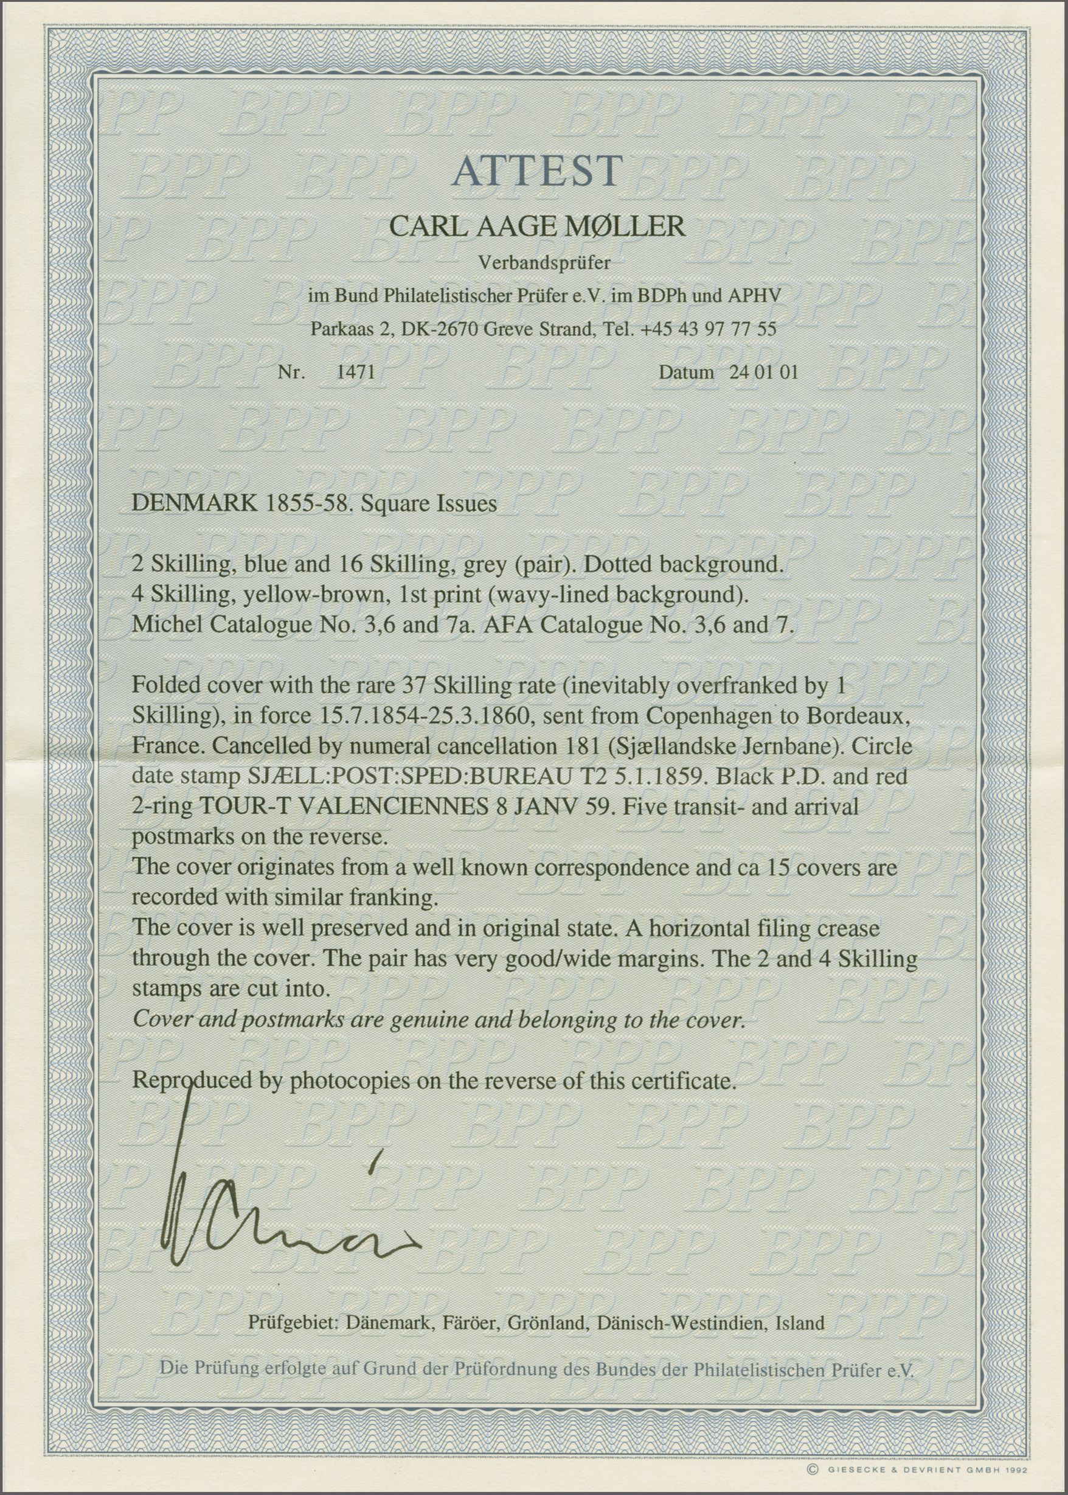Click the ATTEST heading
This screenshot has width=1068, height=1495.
[536, 172]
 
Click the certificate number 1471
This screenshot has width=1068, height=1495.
[355, 372]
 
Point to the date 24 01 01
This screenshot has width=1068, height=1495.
[763, 372]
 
